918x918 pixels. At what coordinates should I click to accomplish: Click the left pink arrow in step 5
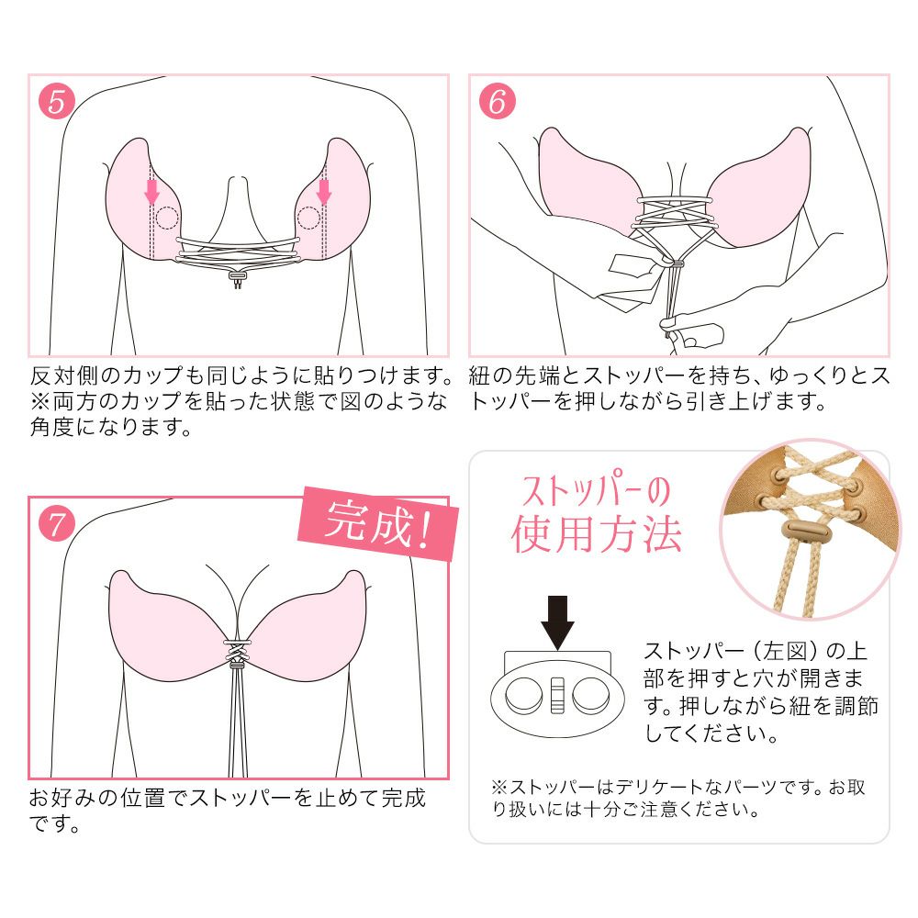click(x=152, y=190)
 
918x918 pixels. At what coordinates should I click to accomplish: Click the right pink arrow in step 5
click(x=323, y=190)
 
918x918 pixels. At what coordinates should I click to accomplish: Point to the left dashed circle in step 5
click(x=167, y=218)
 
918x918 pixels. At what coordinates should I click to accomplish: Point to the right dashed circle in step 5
click(x=309, y=218)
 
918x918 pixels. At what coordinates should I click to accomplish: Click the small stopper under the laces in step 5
click(x=238, y=274)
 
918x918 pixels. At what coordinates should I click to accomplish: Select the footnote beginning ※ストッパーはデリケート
click(x=677, y=798)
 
